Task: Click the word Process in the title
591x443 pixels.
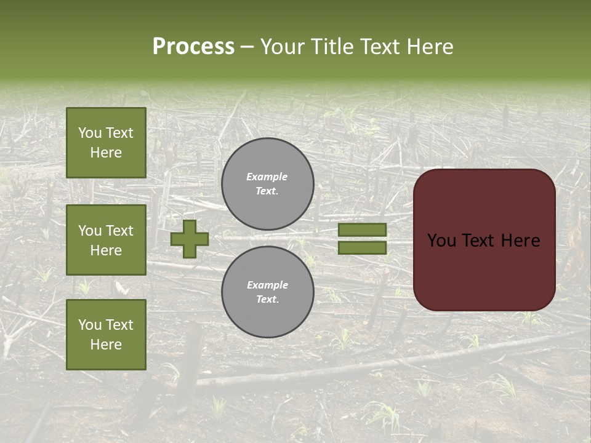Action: click(x=193, y=47)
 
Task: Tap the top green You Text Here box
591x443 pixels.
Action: click(x=106, y=143)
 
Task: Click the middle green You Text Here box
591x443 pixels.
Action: click(x=106, y=240)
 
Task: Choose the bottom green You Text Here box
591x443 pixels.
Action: click(x=106, y=335)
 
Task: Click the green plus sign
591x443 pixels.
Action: click(x=190, y=239)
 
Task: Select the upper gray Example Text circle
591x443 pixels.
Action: click(x=268, y=184)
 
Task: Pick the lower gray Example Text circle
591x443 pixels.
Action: click(x=268, y=292)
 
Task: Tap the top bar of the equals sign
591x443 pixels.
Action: click(x=362, y=230)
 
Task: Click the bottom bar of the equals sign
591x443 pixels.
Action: click(x=362, y=247)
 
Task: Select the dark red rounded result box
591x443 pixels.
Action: click(x=484, y=240)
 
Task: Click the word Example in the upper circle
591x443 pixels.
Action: click(x=267, y=177)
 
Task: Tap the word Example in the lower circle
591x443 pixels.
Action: click(x=267, y=285)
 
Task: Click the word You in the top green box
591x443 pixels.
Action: click(x=90, y=133)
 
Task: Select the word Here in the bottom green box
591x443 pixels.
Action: click(x=106, y=345)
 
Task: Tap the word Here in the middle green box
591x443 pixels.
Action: click(x=106, y=250)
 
